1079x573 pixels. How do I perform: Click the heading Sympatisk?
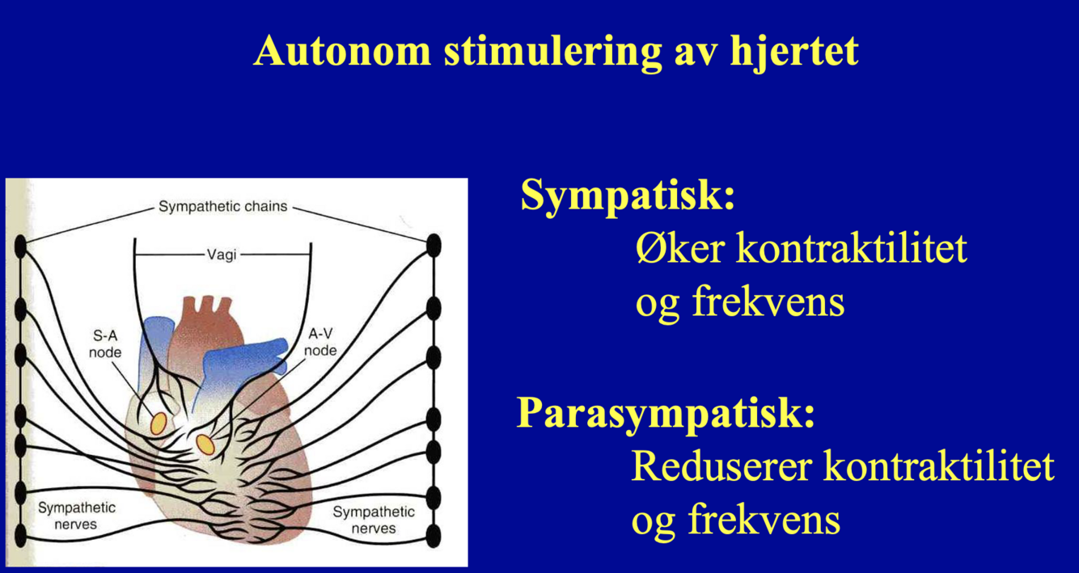628,195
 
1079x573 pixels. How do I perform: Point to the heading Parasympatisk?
666,413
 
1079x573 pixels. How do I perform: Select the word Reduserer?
720,466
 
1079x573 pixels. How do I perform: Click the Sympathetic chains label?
222,206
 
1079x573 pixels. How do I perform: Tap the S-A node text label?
105,343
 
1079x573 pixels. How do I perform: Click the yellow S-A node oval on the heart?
159,422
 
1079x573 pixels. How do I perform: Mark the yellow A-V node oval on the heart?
205,443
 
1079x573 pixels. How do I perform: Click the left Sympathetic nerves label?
77,516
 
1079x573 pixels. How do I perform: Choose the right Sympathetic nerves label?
374,520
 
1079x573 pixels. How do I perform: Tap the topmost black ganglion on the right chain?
434,244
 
